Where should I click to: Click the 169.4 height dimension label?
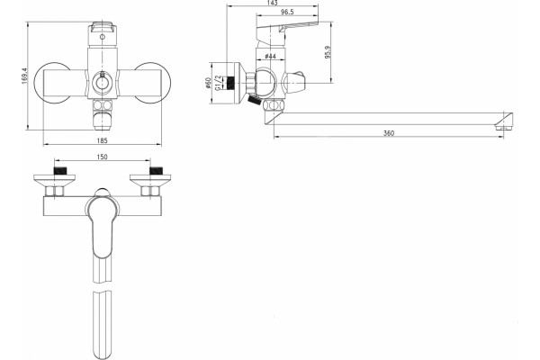click(24, 76)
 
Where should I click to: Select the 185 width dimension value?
click(103, 140)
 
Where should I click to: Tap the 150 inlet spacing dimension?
click(103, 157)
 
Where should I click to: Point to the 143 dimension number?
click(272, 3)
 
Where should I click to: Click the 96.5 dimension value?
click(287, 12)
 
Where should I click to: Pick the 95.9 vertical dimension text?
click(328, 52)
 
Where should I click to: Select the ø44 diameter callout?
click(271, 56)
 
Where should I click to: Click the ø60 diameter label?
click(208, 83)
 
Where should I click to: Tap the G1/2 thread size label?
click(218, 83)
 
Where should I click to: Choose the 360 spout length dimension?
click(389, 133)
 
